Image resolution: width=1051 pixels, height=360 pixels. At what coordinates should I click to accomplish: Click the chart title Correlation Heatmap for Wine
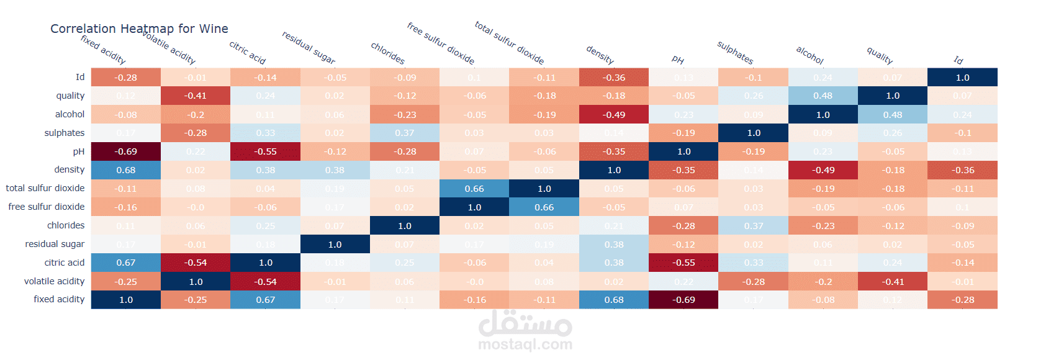(x=139, y=29)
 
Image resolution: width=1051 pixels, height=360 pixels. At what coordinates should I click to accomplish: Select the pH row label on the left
(x=78, y=151)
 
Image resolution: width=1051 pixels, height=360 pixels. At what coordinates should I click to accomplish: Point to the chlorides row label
(x=66, y=225)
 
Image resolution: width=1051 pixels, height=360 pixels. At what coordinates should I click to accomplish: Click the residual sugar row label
(x=55, y=244)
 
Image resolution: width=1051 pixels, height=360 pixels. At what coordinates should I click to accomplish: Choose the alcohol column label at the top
(x=810, y=55)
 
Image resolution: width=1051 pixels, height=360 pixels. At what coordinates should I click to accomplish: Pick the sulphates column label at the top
(x=735, y=53)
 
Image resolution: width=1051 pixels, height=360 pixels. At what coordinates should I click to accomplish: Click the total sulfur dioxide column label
(x=509, y=43)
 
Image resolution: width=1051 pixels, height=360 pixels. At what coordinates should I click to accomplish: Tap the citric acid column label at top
(x=247, y=53)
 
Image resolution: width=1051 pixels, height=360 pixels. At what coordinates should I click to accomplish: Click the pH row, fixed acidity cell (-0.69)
(x=126, y=151)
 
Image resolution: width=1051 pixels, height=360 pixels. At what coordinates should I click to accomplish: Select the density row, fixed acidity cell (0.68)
(x=126, y=170)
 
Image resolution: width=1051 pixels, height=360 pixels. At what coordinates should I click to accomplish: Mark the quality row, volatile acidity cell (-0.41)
(x=196, y=96)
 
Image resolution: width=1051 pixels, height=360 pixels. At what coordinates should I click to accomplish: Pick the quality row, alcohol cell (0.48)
(x=823, y=96)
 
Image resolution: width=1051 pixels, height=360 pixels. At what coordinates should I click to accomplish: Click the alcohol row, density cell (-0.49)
(x=614, y=114)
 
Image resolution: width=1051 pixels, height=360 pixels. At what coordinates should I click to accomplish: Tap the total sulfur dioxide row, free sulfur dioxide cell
(x=474, y=189)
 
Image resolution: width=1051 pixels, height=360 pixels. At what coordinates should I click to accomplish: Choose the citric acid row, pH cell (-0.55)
(x=683, y=263)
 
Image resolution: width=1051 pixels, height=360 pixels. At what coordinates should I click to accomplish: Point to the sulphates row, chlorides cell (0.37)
(x=405, y=133)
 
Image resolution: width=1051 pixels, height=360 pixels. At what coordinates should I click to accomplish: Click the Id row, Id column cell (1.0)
(x=962, y=77)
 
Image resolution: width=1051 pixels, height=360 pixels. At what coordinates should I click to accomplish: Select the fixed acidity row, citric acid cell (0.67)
(x=265, y=300)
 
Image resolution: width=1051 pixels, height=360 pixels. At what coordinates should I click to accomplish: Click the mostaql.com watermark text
(x=525, y=344)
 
